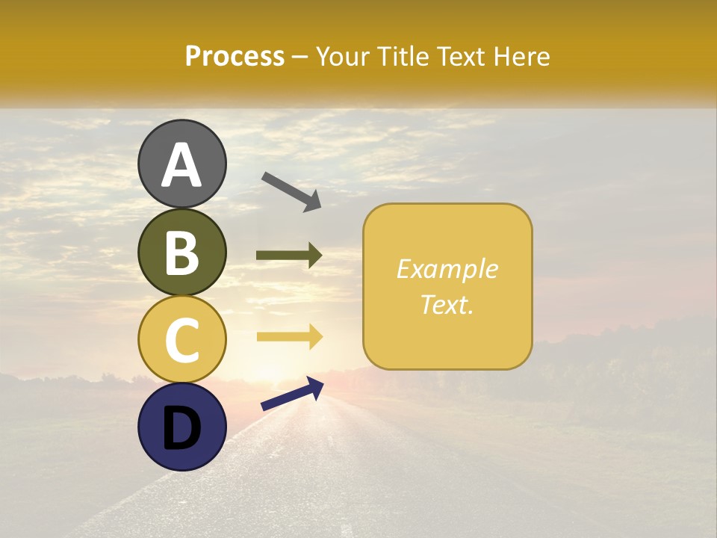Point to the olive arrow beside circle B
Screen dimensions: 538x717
pyautogui.click(x=289, y=256)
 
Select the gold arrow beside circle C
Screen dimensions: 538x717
pyautogui.click(x=289, y=336)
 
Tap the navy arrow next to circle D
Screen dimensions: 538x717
pyautogui.click(x=292, y=394)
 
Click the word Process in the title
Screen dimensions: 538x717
pyautogui.click(x=235, y=57)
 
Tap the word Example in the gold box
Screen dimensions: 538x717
pyautogui.click(x=447, y=270)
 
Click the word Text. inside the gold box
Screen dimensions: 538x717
pyautogui.click(x=447, y=305)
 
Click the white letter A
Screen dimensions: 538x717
pyautogui.click(x=182, y=166)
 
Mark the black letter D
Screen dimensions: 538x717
pyautogui.click(x=181, y=428)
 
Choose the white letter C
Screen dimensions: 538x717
pyautogui.click(x=182, y=341)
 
